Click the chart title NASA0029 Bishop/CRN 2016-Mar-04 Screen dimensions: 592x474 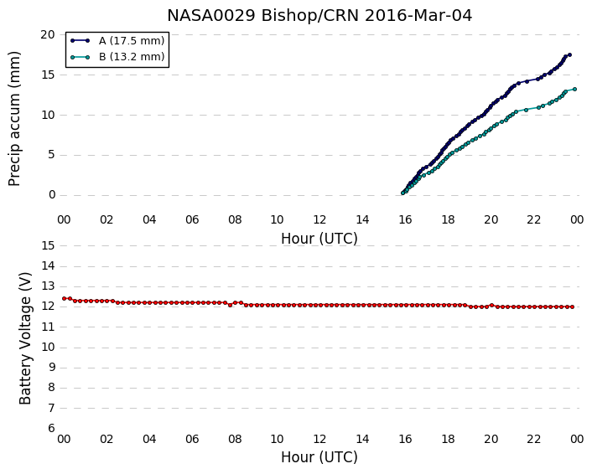pyautogui.click(x=319, y=16)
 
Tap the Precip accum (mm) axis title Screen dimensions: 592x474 pyautogui.click(x=14, y=118)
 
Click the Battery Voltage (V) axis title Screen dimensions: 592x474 pyautogui.click(x=25, y=338)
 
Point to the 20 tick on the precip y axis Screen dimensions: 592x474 pyautogui.click(x=48, y=34)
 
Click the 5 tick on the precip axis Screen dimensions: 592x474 pyautogui.click(x=52, y=155)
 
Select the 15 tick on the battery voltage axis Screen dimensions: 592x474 pyautogui.click(x=48, y=246)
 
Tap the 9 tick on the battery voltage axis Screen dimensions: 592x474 pyautogui.click(x=52, y=368)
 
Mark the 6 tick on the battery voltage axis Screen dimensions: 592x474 pyautogui.click(x=52, y=428)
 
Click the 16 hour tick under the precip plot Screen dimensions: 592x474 pyautogui.click(x=406, y=219)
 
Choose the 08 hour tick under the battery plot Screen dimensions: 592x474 pyautogui.click(x=235, y=439)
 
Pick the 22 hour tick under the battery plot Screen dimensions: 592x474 pyautogui.click(x=534, y=439)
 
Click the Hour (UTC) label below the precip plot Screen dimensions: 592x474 pyautogui.click(x=319, y=239)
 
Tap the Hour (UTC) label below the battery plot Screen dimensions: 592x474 pyautogui.click(x=319, y=457)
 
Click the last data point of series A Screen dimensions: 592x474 pyautogui.click(x=569, y=55)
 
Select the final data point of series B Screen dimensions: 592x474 pyautogui.click(x=574, y=89)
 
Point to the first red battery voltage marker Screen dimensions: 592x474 pyautogui.click(x=65, y=298)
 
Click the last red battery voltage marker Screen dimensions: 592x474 pyautogui.click(x=573, y=307)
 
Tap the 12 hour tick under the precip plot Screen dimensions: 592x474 pyautogui.click(x=319, y=219)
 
